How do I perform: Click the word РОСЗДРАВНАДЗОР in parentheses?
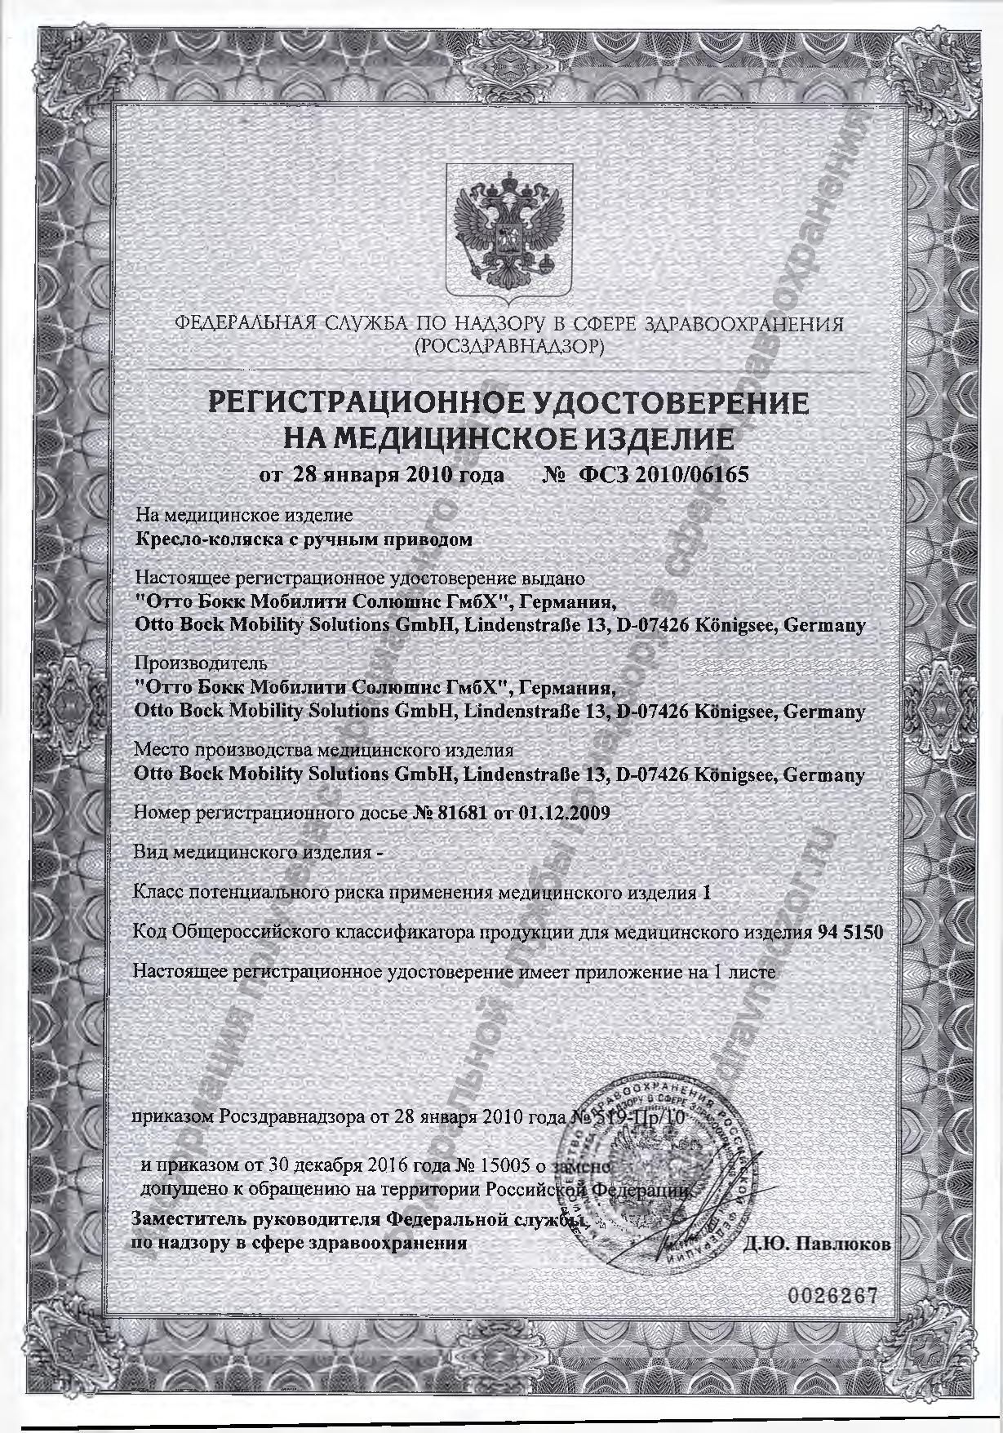click(509, 347)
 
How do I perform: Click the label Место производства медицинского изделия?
click(323, 748)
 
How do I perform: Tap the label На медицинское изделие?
click(244, 516)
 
